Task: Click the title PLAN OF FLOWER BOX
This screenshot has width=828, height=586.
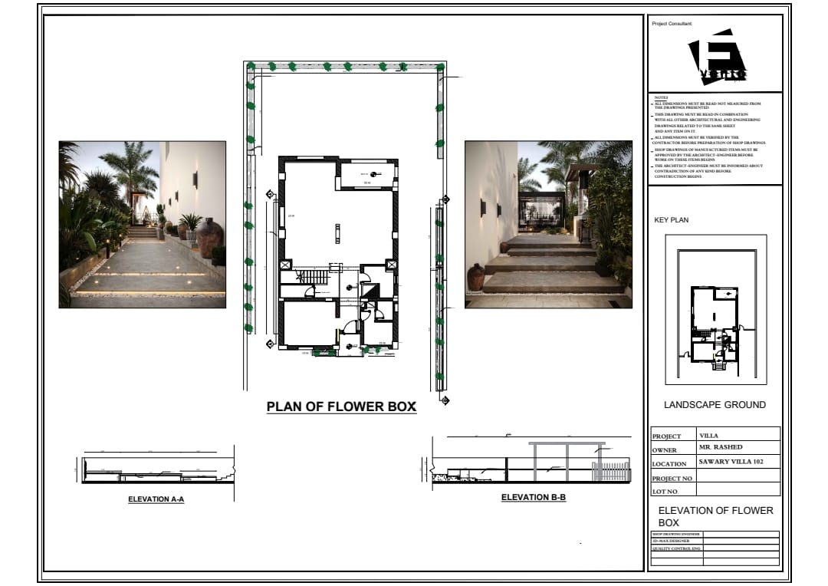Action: coord(341,407)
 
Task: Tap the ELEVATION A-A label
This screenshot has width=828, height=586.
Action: coord(156,499)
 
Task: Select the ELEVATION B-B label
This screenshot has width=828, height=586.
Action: coord(534,498)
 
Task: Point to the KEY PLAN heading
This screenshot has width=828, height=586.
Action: coord(671,220)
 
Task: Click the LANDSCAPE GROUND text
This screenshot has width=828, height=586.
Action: coord(715,405)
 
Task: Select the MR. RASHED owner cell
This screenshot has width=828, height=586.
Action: coord(721,447)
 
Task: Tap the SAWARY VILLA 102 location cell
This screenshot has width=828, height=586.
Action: coord(731,462)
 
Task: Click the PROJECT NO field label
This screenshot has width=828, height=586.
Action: coord(672,479)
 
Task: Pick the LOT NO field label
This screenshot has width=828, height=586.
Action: coord(665,492)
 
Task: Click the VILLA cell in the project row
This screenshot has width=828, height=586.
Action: coord(709,435)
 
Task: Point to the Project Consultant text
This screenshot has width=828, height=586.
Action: coord(672,25)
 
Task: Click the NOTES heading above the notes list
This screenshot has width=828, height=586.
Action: coord(662,98)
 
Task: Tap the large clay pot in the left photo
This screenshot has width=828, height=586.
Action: coord(209,238)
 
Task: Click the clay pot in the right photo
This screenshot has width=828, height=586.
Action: coord(475,277)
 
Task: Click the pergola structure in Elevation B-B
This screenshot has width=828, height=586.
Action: coord(567,459)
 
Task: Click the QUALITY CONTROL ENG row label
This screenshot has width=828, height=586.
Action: coord(676,548)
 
